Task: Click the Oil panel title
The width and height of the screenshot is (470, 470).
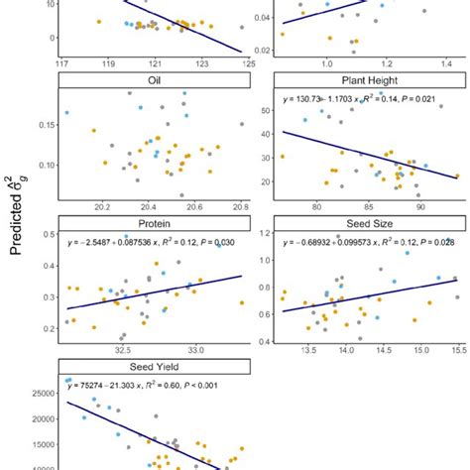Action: (x=155, y=80)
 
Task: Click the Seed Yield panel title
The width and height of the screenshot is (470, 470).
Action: (x=155, y=366)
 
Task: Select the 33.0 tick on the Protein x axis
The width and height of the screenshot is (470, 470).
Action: (x=195, y=350)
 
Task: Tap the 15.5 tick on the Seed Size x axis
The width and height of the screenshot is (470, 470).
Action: (x=457, y=350)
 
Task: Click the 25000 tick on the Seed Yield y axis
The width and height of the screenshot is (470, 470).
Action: (x=43, y=394)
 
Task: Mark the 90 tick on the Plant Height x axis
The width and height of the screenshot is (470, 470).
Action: (x=421, y=206)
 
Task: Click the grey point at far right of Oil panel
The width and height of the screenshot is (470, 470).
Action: (x=241, y=124)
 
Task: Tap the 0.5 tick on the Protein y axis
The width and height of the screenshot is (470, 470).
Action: (x=48, y=234)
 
